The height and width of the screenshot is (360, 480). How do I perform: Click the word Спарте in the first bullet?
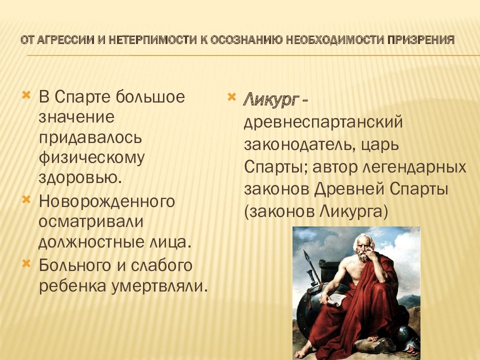pyautogui.click(x=82, y=96)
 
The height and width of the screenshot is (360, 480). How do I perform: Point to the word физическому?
pyautogui.click(x=91, y=158)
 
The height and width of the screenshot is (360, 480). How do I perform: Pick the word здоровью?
pyautogui.click(x=80, y=177)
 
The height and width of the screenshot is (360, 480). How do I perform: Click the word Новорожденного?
pyautogui.click(x=107, y=201)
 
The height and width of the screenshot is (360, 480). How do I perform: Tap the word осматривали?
pyautogui.click(x=91, y=221)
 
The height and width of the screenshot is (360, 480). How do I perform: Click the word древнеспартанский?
pyautogui.click(x=323, y=122)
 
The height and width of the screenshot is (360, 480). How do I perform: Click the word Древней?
pyautogui.click(x=349, y=189)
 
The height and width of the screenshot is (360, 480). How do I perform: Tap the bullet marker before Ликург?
pyautogui.click(x=232, y=97)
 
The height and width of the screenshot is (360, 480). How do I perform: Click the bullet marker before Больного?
pyautogui.click(x=26, y=263)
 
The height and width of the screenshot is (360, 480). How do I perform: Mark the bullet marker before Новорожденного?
pyautogui.click(x=26, y=199)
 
